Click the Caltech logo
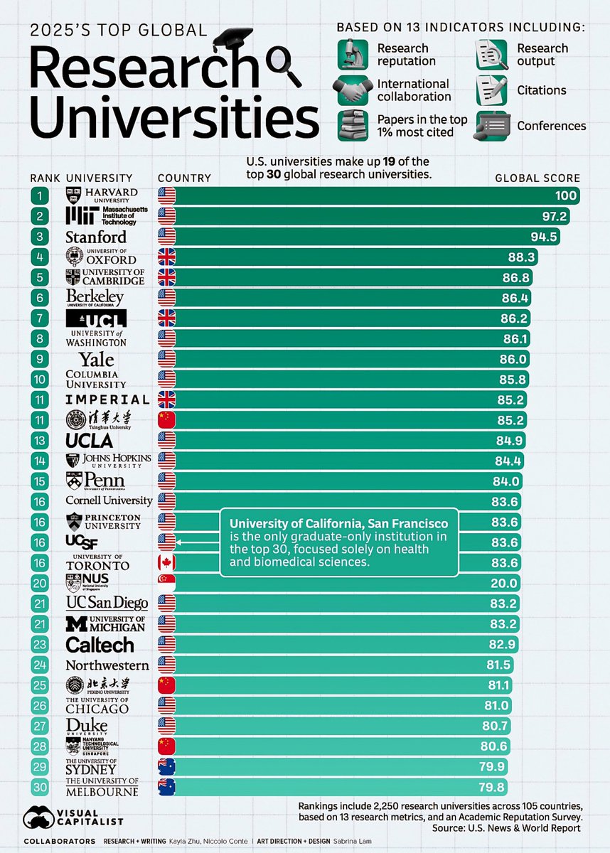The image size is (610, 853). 100,645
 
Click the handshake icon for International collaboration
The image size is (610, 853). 353,90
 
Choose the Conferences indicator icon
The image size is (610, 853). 493,126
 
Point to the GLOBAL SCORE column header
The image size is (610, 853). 537,178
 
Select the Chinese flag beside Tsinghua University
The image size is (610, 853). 166,420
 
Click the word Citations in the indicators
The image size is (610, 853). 542,90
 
